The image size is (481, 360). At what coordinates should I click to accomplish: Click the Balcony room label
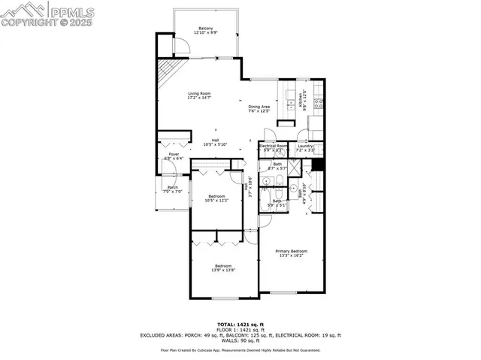205,29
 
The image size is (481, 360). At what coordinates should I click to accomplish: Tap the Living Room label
199,93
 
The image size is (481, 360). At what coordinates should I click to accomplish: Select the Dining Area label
259,107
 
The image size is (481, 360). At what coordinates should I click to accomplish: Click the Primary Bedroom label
291,251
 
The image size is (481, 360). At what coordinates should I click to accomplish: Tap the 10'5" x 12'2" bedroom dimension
216,200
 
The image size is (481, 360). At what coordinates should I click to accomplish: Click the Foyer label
174,154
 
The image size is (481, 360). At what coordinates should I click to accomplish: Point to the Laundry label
304,146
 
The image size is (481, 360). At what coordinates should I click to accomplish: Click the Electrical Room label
272,146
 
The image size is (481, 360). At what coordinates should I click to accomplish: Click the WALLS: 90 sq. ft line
240,340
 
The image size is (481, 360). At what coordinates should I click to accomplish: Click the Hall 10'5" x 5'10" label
215,142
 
